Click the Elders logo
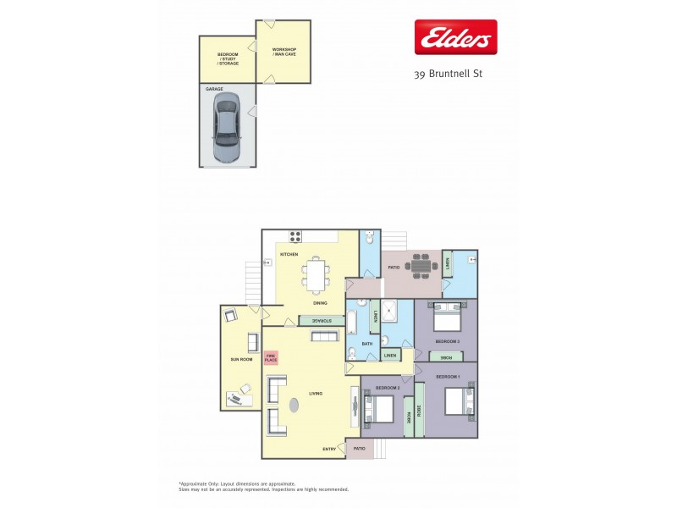(x=454, y=37)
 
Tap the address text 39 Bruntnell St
(x=448, y=75)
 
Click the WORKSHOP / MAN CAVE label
(x=284, y=52)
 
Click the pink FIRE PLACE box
(x=271, y=358)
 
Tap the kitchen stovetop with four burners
(x=296, y=237)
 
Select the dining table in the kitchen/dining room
(x=316, y=274)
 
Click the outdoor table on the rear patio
(x=421, y=265)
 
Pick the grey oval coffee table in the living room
(x=294, y=405)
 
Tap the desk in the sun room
(x=240, y=395)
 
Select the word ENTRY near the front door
(x=330, y=448)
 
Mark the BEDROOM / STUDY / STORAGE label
(x=228, y=58)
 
